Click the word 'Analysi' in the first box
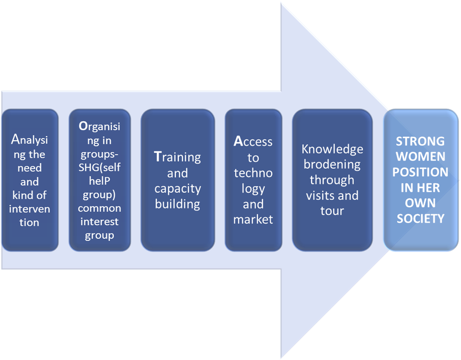point(29,140)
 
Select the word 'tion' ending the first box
point(29,222)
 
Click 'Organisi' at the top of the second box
point(100,127)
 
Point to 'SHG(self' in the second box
point(100,168)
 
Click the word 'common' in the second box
point(100,208)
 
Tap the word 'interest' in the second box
point(100,222)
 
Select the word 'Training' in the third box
point(177,157)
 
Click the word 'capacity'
point(177,189)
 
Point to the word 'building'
point(177,204)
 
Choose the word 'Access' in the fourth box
point(253,142)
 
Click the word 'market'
point(253,219)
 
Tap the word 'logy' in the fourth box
point(253,188)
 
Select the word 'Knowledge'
point(332,149)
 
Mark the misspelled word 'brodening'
point(332,164)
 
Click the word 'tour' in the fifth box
point(332,210)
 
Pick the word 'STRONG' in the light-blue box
point(420,141)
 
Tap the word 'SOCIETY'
point(420,218)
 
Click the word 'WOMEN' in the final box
point(420,157)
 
